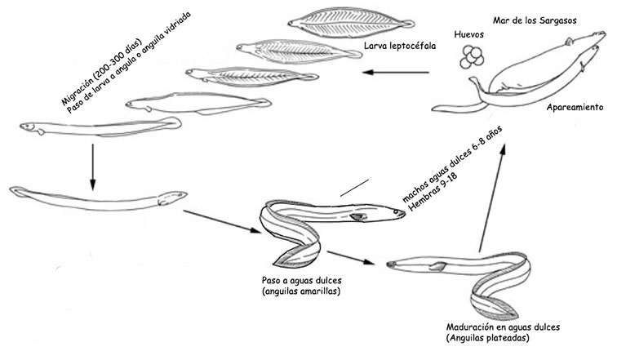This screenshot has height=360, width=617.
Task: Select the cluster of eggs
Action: pyautogui.click(x=470, y=56)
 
